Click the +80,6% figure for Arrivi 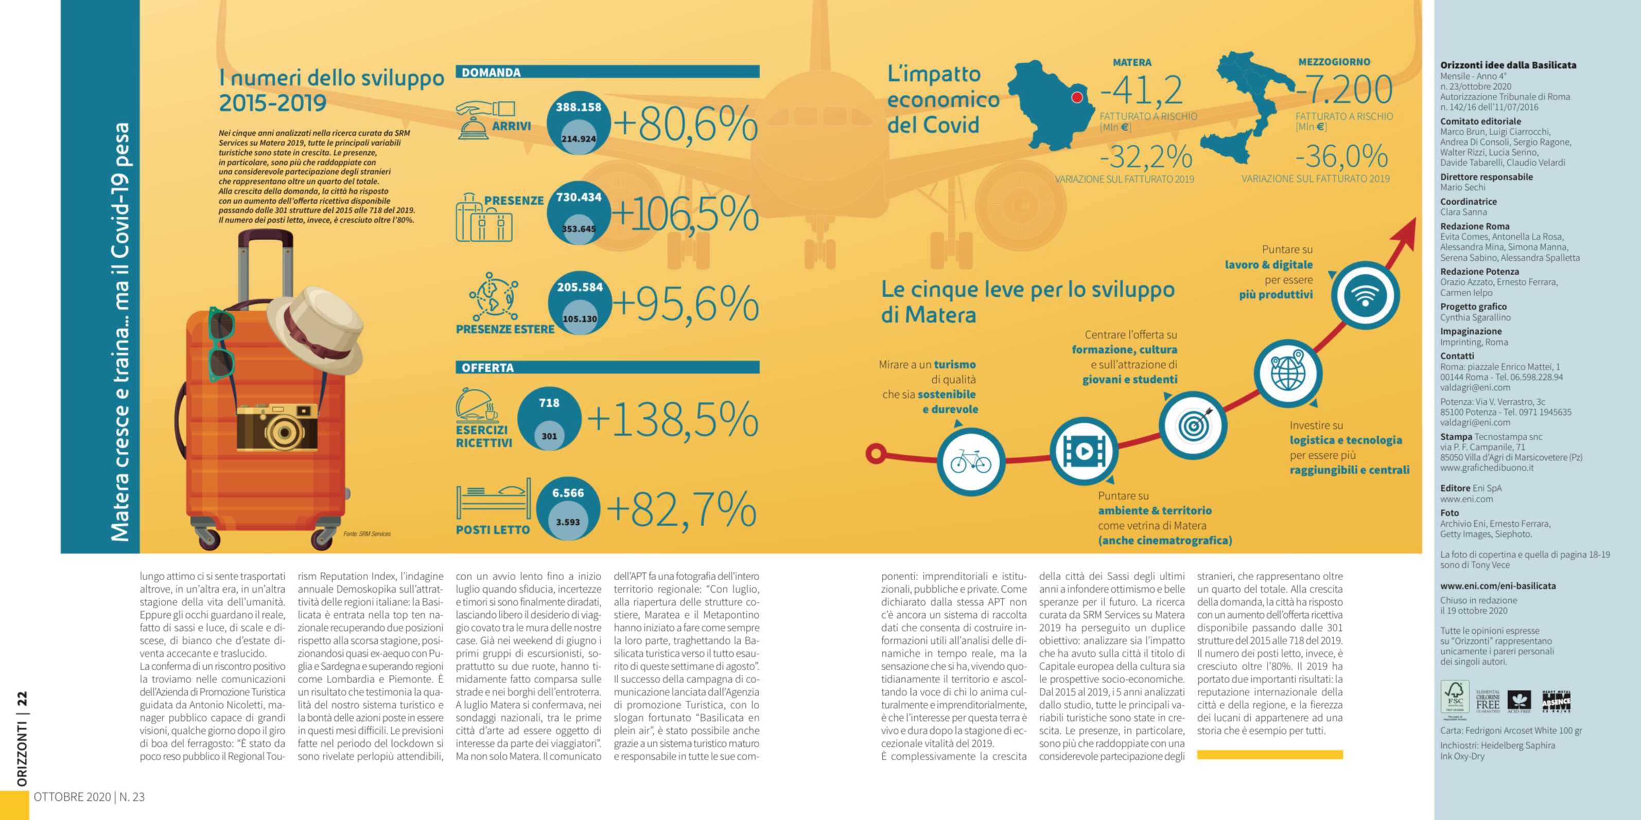686,124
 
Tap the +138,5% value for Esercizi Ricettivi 673,420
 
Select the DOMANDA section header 491,73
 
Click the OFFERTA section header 487,368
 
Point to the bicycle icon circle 971,461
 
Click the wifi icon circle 1365,295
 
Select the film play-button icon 1083,451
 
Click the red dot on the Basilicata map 1077,97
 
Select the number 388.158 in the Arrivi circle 579,107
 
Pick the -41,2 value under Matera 1142,91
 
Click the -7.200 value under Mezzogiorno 1344,90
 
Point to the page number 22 22,699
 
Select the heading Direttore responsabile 1486,177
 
